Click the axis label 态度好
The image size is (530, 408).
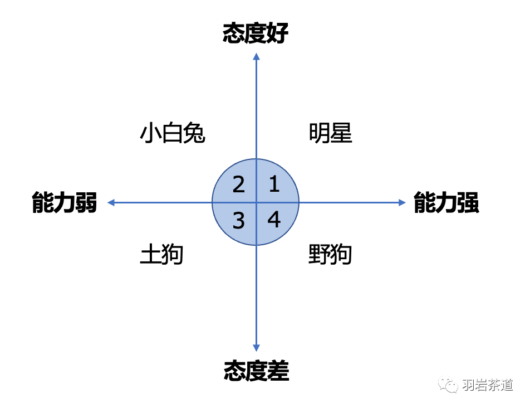coord(256,34)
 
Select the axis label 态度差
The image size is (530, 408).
coord(256,371)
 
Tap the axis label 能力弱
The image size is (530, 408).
coord(65,203)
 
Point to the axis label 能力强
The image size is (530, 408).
coord(446,203)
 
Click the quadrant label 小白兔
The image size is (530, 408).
coord(173,134)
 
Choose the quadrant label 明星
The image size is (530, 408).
coord(331,134)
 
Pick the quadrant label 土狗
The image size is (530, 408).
coord(161,255)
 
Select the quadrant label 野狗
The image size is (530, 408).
coord(330,255)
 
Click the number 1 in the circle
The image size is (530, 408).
coord(274,184)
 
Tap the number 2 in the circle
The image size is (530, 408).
coord(238,184)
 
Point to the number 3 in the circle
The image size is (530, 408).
coord(238,221)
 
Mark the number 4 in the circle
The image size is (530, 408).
coord(274,220)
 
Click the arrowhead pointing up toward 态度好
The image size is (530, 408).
coord(256,56)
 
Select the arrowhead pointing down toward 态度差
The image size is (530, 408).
coord(256,348)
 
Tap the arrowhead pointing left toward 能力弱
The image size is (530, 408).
coord(111,203)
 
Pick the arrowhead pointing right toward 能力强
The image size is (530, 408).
coord(403,203)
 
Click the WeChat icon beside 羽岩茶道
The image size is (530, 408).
coord(448,385)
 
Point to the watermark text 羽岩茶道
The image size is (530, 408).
coord(488,385)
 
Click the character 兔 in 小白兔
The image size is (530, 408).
coord(194,134)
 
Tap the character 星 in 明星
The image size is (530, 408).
coord(341,134)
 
